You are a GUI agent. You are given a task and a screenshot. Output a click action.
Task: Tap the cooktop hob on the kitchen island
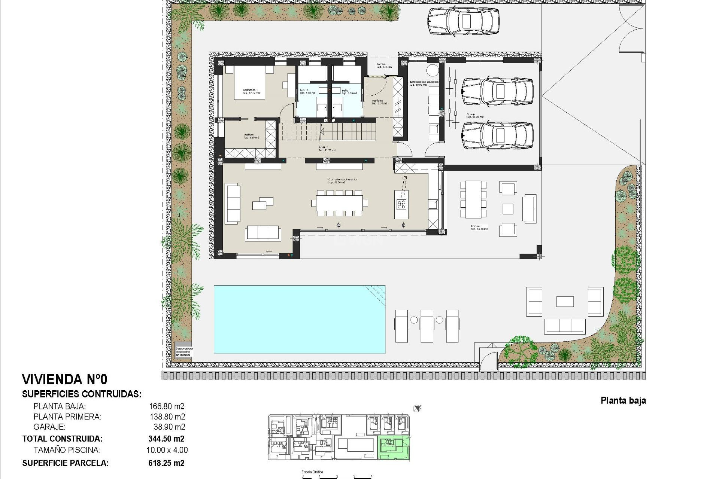[401, 204]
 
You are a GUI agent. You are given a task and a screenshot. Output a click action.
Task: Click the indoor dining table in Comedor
[339, 203]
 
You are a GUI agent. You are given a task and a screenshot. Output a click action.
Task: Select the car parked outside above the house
[463, 21]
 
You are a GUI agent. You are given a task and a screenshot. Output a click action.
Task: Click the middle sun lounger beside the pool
[427, 325]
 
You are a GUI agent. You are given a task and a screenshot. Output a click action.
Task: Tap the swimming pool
[299, 319]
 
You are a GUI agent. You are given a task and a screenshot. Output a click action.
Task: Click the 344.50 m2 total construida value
[166, 439]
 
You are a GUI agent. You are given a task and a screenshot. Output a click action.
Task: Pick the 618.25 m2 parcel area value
[166, 463]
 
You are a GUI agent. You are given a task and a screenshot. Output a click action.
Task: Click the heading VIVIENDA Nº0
[65, 379]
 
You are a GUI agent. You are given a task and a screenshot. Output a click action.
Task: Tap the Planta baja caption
[623, 400]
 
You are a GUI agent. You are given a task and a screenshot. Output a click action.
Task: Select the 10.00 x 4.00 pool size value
[167, 450]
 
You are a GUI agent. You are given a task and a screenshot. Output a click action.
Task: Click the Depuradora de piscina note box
[183, 352]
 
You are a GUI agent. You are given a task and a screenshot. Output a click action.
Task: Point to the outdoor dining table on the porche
[473, 199]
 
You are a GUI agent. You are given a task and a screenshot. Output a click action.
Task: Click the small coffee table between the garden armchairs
[565, 302]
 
